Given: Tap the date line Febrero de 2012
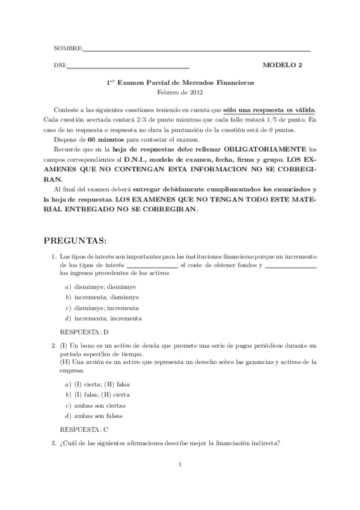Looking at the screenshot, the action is (x=180, y=93).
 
